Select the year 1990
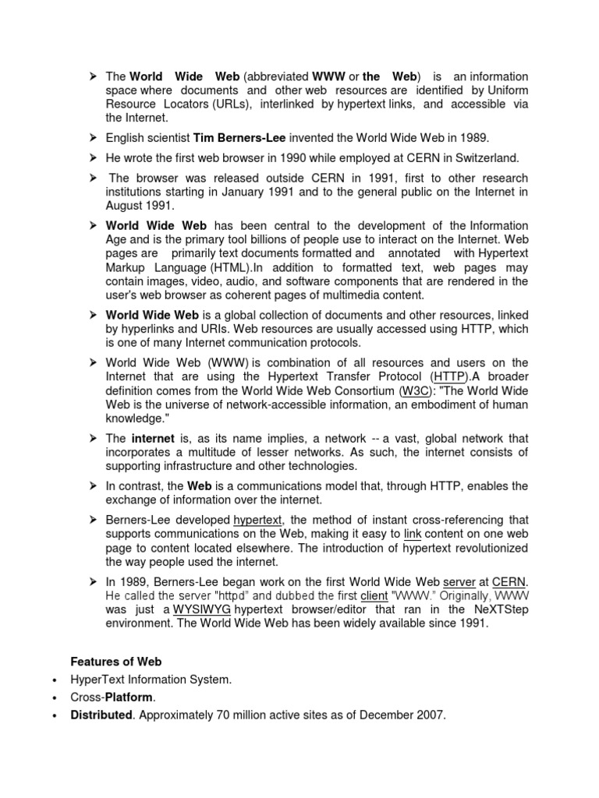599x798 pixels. (x=257, y=158)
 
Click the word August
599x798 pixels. (x=124, y=206)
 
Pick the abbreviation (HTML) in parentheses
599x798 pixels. (x=232, y=267)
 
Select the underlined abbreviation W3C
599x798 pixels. (x=414, y=390)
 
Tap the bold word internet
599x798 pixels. (x=152, y=438)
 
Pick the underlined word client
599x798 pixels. (x=374, y=595)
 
